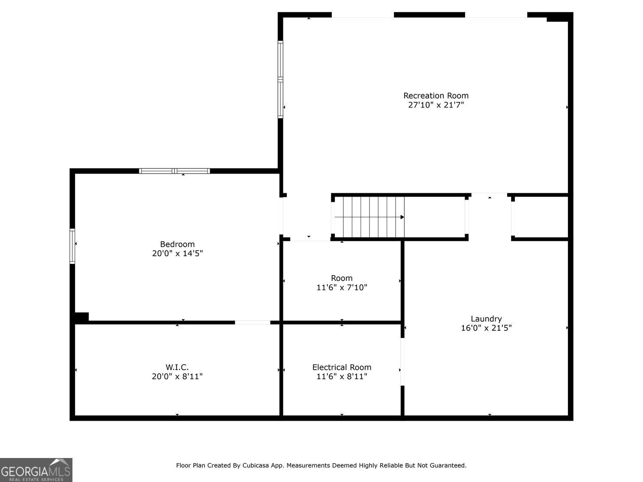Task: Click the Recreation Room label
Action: tap(436, 96)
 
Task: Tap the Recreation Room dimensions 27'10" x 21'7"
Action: tap(436, 105)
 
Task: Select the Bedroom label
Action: tap(177, 244)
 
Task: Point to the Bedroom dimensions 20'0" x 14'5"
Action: tap(177, 253)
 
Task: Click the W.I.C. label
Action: tap(177, 367)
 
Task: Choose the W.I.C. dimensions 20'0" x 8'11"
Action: tap(177, 376)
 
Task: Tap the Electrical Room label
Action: tap(342, 367)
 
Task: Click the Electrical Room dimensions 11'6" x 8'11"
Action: tap(342, 376)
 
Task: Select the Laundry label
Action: tap(486, 319)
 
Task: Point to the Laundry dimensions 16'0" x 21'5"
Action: tap(486, 328)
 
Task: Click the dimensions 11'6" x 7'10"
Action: tap(342, 287)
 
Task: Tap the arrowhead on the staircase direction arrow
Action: tap(402, 217)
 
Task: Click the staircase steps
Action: tap(370, 217)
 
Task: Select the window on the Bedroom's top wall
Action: tap(174, 171)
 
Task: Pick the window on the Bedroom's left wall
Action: tap(72, 246)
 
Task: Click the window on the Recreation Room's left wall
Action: tap(280, 79)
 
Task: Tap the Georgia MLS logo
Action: tap(36, 470)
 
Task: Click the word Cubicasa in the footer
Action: tap(255, 465)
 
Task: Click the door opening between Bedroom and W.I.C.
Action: tap(252, 323)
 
